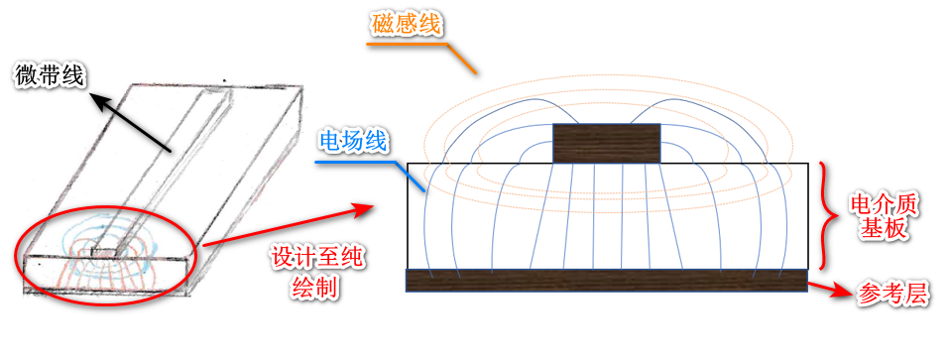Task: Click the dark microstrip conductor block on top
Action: [x=606, y=143]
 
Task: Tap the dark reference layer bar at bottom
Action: [x=606, y=280]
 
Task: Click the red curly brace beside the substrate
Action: [x=832, y=216]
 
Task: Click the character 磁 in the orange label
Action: [x=383, y=25]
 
